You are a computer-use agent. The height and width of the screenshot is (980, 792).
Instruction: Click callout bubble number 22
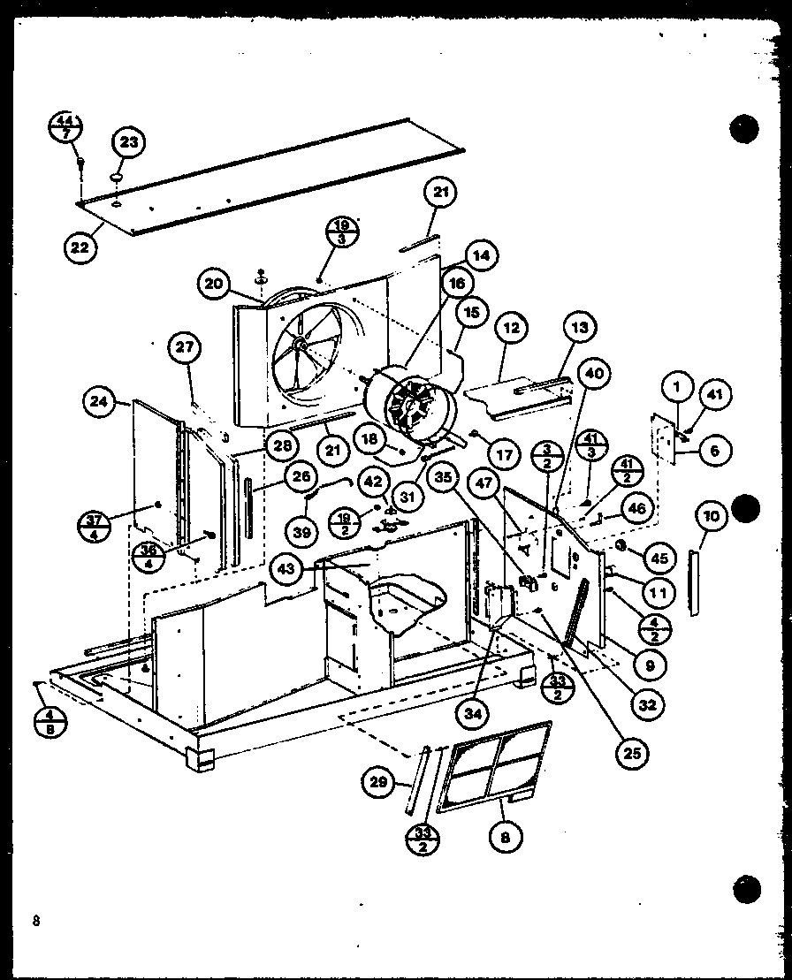pyautogui.click(x=80, y=247)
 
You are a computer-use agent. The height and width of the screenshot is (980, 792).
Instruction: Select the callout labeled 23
pyautogui.click(x=129, y=142)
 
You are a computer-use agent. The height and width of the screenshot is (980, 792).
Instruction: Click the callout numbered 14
pyautogui.click(x=479, y=256)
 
